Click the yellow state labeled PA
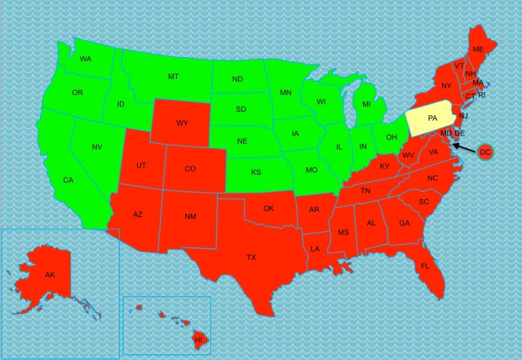(431, 119)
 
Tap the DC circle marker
(484, 152)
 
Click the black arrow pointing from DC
(464, 146)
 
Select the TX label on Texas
(251, 257)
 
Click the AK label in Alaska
(50, 274)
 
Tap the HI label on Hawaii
(197, 338)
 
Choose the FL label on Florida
(425, 266)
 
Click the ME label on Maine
(478, 50)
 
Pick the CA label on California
(69, 180)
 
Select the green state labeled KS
(255, 172)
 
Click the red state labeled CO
(189, 169)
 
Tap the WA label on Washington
(85, 59)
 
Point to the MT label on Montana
(173, 76)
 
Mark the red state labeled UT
(141, 165)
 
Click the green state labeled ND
(237, 79)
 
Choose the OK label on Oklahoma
(268, 208)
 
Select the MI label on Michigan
(366, 104)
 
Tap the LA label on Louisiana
(315, 247)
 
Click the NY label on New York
(446, 86)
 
